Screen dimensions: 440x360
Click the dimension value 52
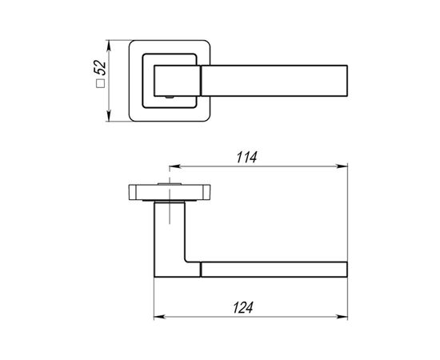coord(101,68)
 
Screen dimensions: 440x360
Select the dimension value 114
coord(246,157)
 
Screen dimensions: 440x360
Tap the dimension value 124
coord(243,307)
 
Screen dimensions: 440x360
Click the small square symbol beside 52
coord(101,84)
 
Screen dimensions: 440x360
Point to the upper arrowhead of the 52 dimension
coord(109,45)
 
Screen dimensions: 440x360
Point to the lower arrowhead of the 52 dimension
coord(109,117)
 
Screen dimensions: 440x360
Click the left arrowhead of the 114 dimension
coord(174,166)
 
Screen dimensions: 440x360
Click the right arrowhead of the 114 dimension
coord(342,166)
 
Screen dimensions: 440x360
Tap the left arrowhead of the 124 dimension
coord(159,317)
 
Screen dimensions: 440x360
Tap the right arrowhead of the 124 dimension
coord(342,317)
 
